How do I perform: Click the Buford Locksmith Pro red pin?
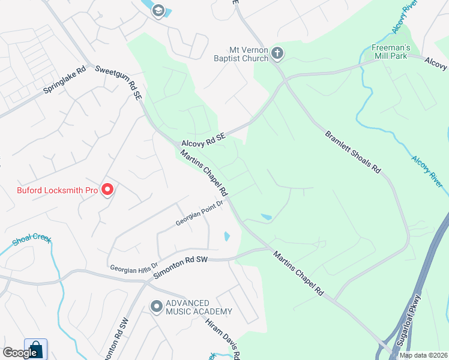pyautogui.click(x=108, y=190)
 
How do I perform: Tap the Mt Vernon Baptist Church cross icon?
pyautogui.click(x=277, y=53)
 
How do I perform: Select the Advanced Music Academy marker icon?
pyautogui.click(x=157, y=307)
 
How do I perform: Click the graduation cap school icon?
pyautogui.click(x=158, y=10)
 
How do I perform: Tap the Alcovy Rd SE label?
pyautogui.click(x=203, y=140)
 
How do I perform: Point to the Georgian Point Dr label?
pyautogui.click(x=199, y=213)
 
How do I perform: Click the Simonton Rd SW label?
pyautogui.click(x=180, y=268)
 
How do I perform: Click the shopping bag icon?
pyautogui.click(x=35, y=349)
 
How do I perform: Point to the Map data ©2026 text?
pyautogui.click(x=423, y=355)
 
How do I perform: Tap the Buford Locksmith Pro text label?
pyautogui.click(x=57, y=191)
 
